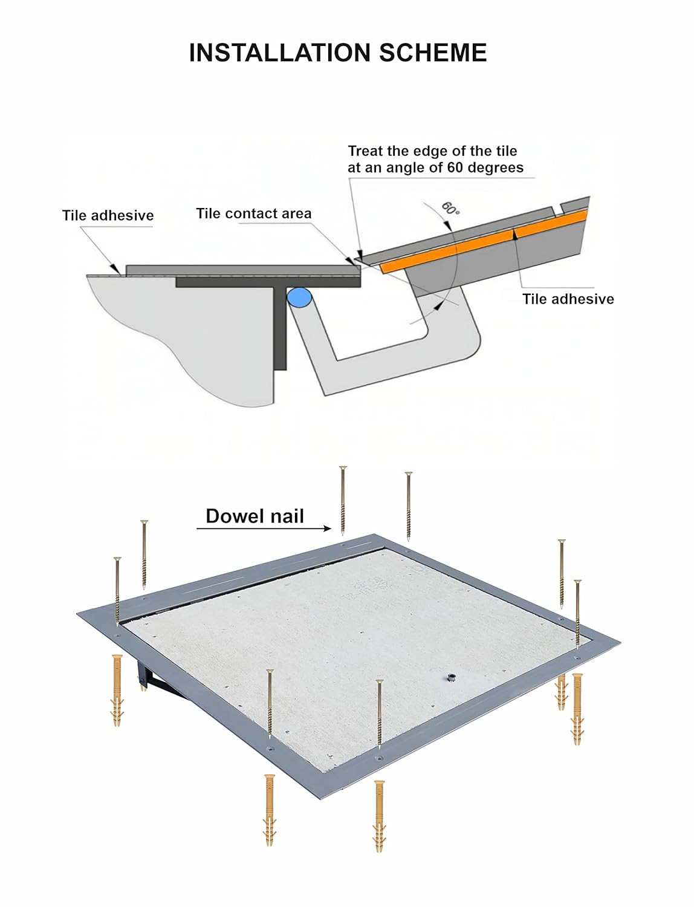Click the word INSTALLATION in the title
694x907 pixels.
click(x=280, y=53)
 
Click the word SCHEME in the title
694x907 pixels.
click(x=433, y=53)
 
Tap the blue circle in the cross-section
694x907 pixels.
click(x=299, y=297)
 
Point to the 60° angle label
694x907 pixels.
click(x=450, y=208)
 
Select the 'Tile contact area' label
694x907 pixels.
click(x=254, y=213)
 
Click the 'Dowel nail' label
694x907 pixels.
click(x=255, y=516)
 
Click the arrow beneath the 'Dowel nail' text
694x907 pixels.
click(x=264, y=528)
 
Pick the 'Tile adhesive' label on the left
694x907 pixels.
click(x=108, y=215)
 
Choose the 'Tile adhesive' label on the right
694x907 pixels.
click(x=568, y=299)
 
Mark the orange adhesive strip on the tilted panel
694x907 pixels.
click(x=484, y=241)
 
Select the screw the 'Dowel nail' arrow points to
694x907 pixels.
click(x=342, y=501)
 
